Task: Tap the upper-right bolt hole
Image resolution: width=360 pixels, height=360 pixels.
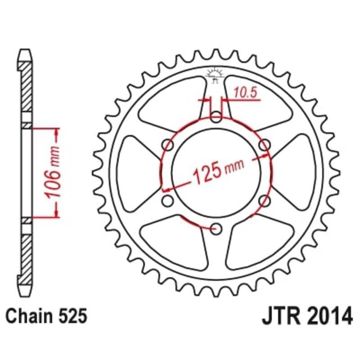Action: coord(265,145)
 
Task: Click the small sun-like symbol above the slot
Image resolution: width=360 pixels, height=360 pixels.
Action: coord(215,73)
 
